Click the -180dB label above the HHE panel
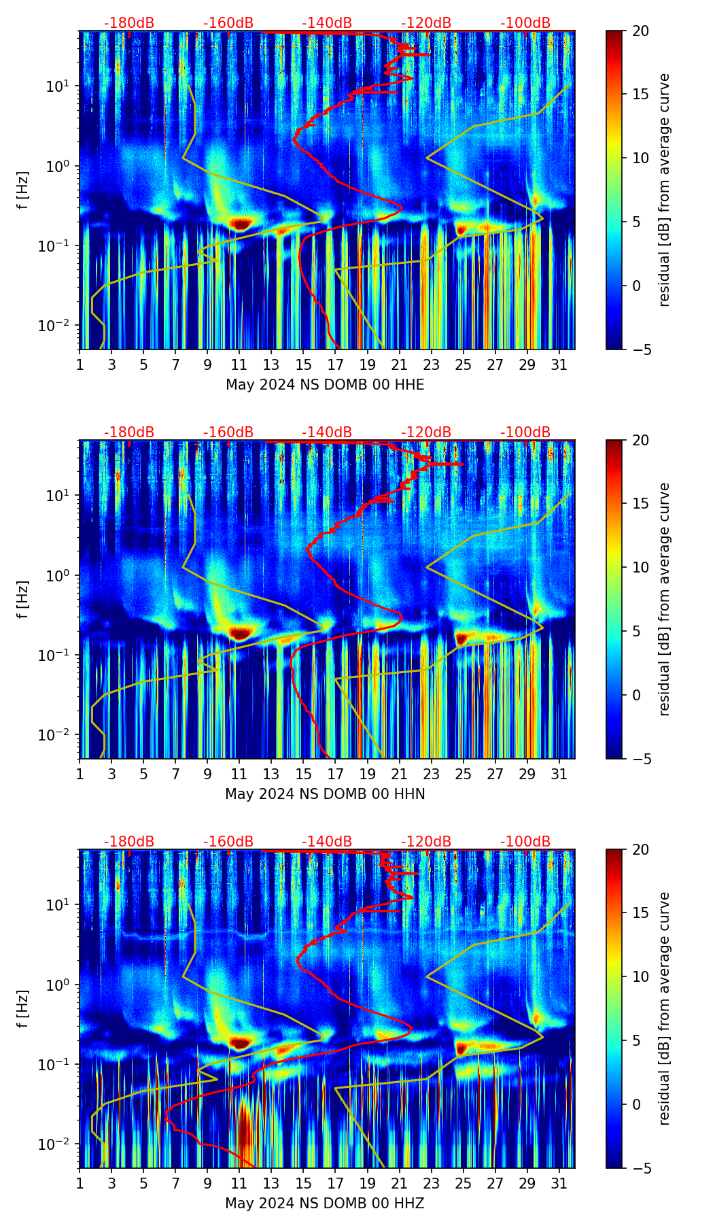click(129, 23)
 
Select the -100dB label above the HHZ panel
click(525, 842)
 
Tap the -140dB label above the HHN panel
click(327, 432)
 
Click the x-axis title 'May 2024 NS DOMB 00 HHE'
click(325, 385)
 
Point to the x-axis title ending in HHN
click(325, 794)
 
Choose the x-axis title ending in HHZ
click(325, 1204)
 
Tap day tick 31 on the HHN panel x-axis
click(559, 774)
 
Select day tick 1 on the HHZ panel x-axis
click(80, 1183)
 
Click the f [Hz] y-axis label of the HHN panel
click(23, 599)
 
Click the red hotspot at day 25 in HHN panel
click(462, 638)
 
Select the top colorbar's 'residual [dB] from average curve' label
click(664, 190)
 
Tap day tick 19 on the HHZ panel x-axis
click(367, 1183)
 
